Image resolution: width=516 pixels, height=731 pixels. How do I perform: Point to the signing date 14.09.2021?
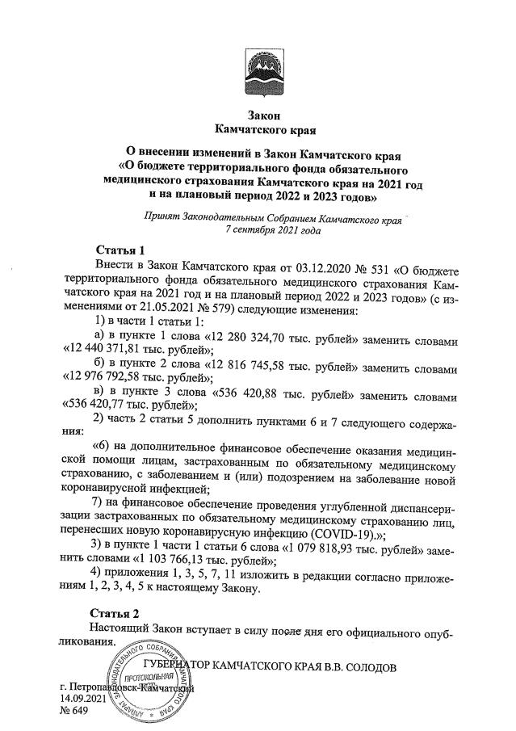(x=83, y=698)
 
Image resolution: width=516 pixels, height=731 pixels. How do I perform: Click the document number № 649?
(x=75, y=712)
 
